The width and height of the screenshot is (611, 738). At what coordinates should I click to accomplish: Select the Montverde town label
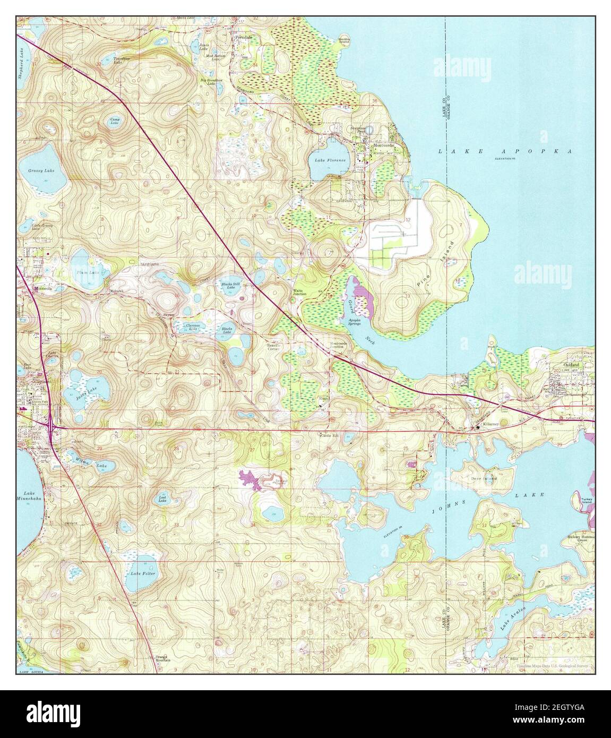point(384,145)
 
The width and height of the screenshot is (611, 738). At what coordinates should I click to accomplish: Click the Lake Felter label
point(141,573)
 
